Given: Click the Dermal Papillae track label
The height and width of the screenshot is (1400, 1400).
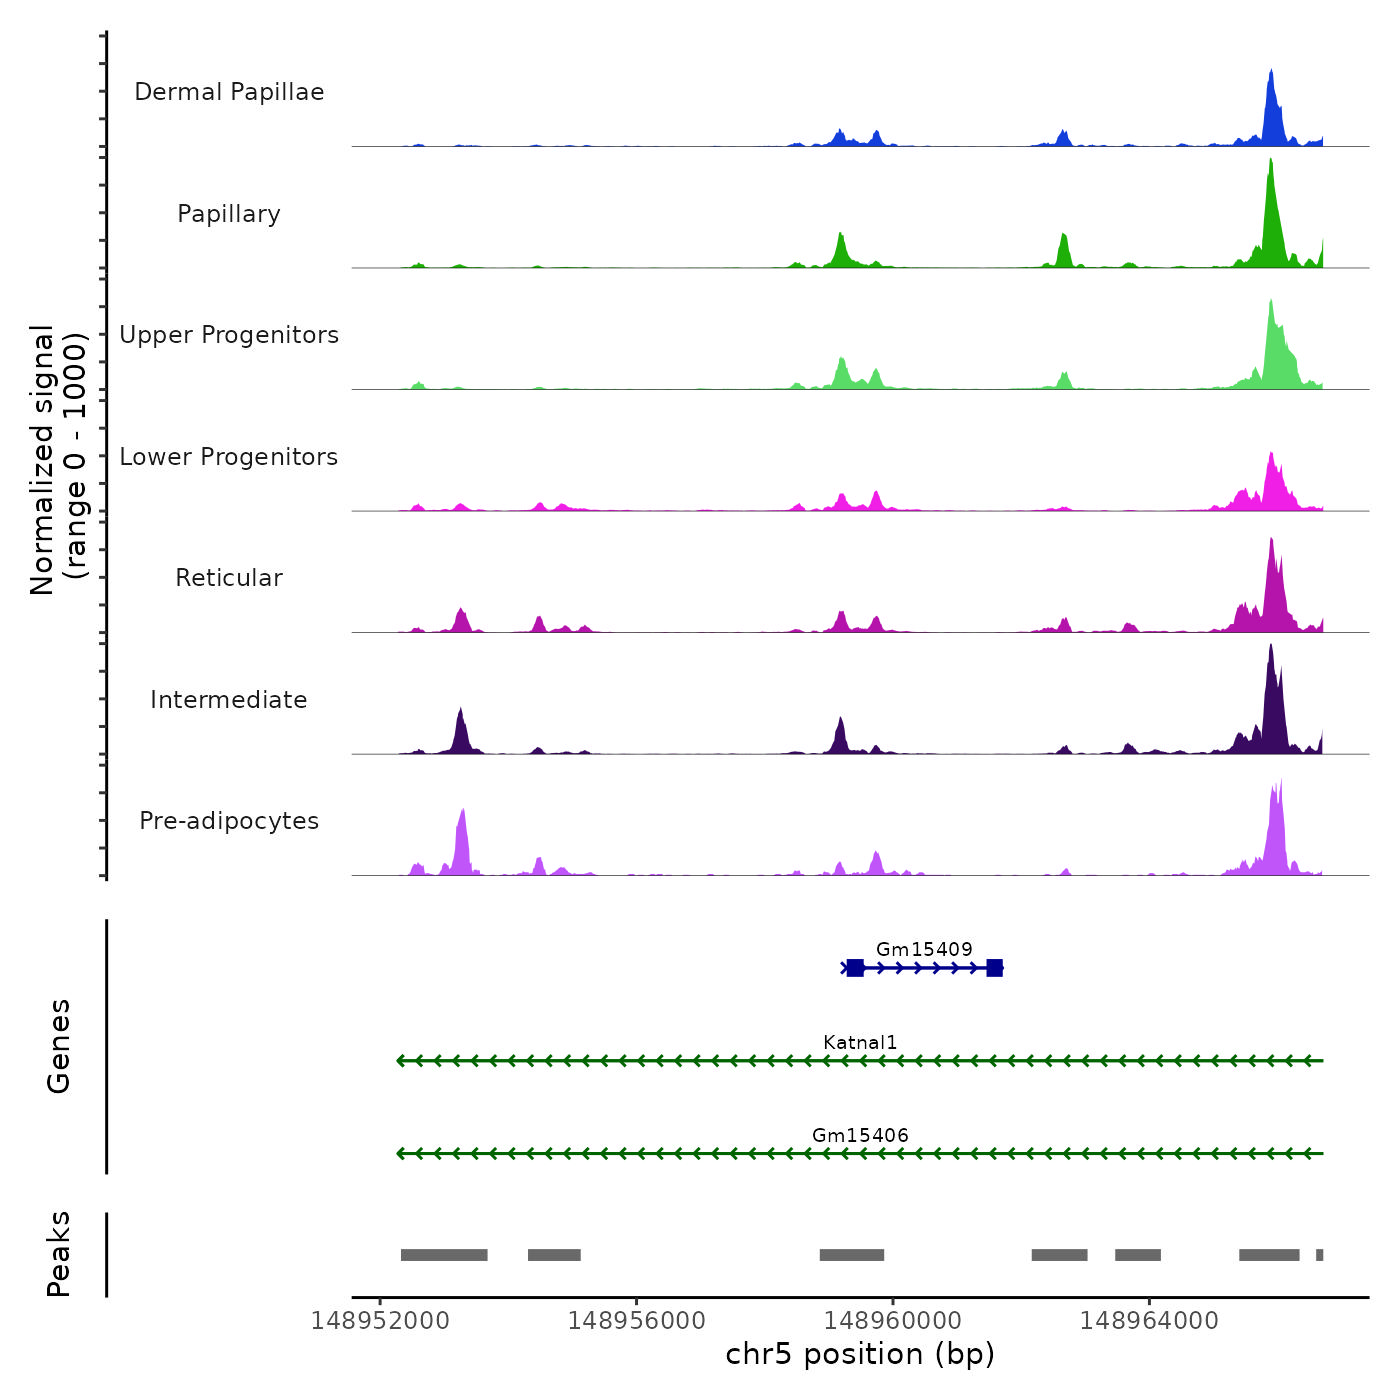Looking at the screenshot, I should tap(229, 92).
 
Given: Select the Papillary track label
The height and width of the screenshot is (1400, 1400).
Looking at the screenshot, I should tap(229, 214).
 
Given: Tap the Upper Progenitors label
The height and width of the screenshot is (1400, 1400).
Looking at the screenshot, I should tap(229, 335).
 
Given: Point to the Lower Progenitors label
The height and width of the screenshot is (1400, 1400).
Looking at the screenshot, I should tap(229, 457).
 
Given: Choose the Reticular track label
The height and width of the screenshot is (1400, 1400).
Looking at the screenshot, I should tap(229, 578).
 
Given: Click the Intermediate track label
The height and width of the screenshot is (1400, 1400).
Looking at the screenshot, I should tap(229, 700).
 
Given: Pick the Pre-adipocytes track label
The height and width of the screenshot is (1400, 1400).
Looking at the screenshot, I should tap(229, 821).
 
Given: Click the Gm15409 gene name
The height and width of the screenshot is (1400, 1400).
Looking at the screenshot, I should tap(924, 949).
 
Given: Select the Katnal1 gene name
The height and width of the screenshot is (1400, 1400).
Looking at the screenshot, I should tap(860, 1042).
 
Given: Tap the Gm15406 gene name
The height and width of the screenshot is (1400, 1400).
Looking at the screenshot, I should tap(860, 1135).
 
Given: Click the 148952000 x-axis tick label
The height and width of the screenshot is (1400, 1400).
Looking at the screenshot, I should tap(380, 1321).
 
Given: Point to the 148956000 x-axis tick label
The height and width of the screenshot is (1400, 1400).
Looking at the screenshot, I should tap(637, 1321).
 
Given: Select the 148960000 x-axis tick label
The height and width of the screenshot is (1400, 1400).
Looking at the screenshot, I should tap(893, 1321).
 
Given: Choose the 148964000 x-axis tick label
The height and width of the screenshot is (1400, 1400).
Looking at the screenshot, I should tap(1149, 1321).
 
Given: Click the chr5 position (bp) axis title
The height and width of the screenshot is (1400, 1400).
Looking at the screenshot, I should tap(860, 1354).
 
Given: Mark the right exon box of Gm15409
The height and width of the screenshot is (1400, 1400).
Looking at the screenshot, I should tap(994, 968).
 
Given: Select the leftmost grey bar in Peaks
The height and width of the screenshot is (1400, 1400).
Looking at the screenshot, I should tap(444, 1255).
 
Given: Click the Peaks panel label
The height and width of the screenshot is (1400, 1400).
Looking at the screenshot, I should tap(59, 1254).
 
